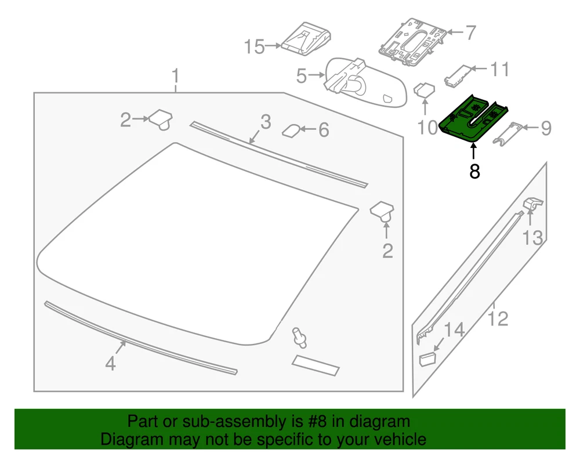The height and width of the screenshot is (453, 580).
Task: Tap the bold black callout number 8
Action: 474,172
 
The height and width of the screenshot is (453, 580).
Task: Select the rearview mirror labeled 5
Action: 365,83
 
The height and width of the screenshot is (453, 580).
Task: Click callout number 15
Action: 254,46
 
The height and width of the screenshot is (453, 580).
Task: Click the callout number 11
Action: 499,69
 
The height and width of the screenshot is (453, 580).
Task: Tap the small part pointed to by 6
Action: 292,130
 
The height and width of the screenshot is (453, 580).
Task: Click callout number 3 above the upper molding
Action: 266,122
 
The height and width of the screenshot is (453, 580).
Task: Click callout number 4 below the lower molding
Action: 110,363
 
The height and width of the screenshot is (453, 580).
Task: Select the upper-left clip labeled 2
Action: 161,119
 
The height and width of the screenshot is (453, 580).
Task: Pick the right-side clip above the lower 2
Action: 382,212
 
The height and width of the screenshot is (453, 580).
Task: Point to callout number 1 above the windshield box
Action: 176,76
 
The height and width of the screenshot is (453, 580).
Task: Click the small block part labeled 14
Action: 427,358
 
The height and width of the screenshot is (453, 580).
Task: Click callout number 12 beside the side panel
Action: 498,318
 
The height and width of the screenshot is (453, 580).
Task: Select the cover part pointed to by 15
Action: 306,39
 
